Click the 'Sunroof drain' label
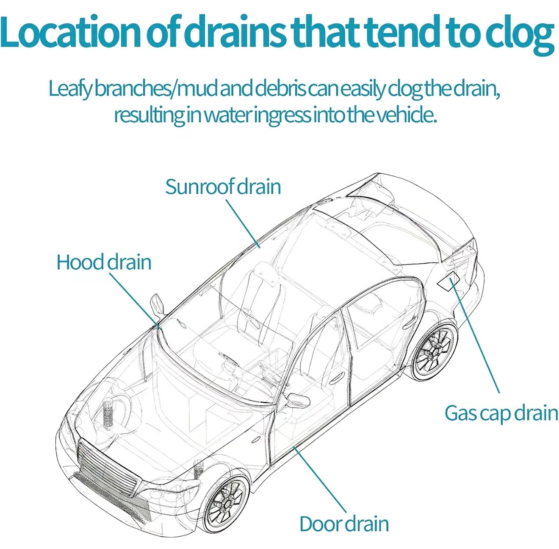coord(223,187)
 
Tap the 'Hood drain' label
coord(104,262)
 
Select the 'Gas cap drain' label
coord(501,414)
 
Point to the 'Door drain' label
coord(344,524)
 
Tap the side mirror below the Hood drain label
coord(157,305)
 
